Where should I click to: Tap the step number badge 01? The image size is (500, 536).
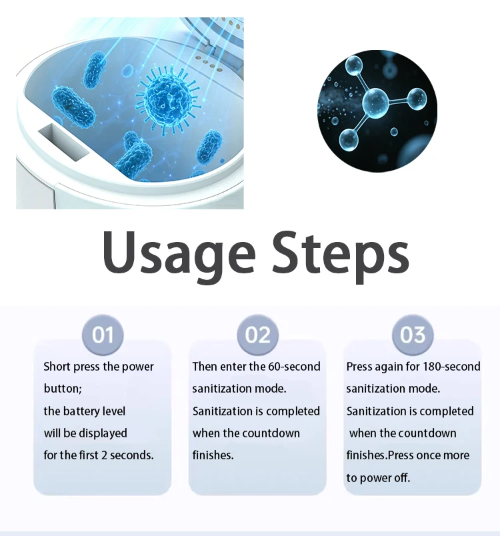[103, 334]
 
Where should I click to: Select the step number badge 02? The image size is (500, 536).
[257, 334]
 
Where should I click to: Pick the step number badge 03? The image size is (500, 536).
[413, 334]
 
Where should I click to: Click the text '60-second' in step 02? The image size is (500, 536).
[293, 367]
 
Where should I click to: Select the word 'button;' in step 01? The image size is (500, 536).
[63, 389]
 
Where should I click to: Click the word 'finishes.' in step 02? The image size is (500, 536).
[213, 455]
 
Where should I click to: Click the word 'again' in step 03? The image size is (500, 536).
[391, 367]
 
